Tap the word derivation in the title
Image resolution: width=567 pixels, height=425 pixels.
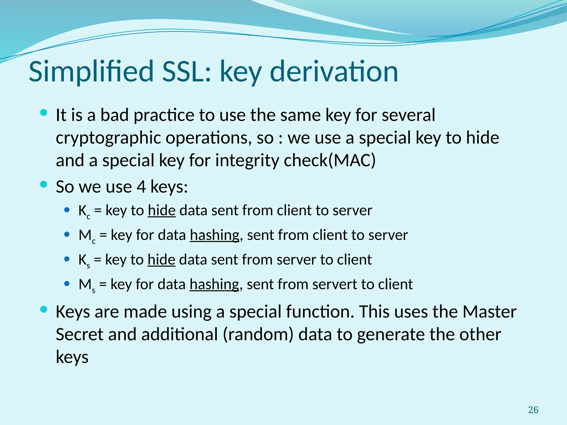coord(334,71)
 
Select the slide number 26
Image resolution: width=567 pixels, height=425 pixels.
coord(533,410)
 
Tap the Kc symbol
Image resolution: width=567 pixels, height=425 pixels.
coord(84,211)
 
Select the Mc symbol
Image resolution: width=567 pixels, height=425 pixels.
coord(87,236)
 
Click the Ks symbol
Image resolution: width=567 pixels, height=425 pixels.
coord(84,261)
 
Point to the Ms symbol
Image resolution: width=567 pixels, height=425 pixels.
coord(87,285)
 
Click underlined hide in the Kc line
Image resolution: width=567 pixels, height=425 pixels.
coord(162,211)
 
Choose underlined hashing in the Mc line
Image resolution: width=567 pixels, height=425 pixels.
coord(215,235)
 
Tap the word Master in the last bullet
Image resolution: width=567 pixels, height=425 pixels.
coord(489,312)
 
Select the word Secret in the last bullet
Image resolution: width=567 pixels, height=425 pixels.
coord(79,335)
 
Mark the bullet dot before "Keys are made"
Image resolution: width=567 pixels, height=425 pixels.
coord(44,309)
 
